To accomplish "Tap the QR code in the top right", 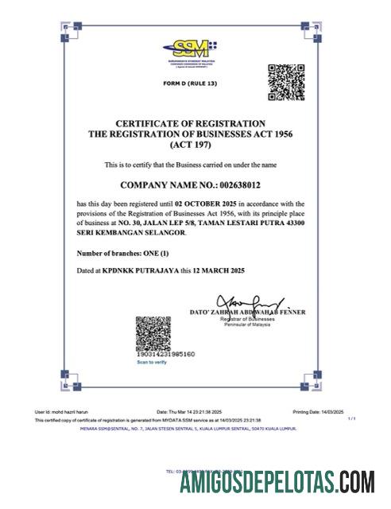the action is pos(285,83).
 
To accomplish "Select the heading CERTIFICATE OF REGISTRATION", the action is pos(190,124).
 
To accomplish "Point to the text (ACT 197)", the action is pos(190,146).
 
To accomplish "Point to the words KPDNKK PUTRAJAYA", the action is pos(140,271).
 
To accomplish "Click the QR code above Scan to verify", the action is pos(153,333).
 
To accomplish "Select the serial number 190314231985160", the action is pos(165,354).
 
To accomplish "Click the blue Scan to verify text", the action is pos(152,363).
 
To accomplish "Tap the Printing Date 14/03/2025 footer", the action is pos(317,412).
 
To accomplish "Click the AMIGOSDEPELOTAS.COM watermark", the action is pos(277,483).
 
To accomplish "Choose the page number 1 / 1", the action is pos(351,418).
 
